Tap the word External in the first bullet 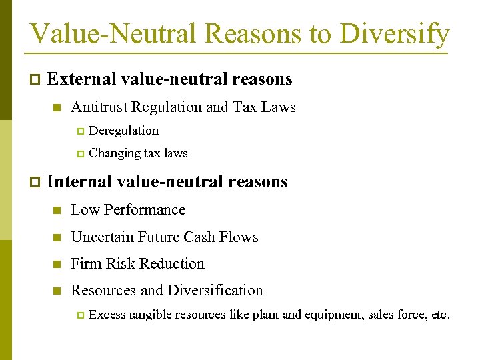point(81,79)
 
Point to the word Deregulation point(123,131)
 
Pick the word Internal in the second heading point(79,181)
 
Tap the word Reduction point(175,264)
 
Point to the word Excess point(107,315)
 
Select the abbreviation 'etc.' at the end point(441,315)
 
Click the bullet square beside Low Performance point(57,211)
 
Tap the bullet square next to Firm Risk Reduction point(57,265)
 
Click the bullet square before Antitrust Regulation point(57,108)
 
